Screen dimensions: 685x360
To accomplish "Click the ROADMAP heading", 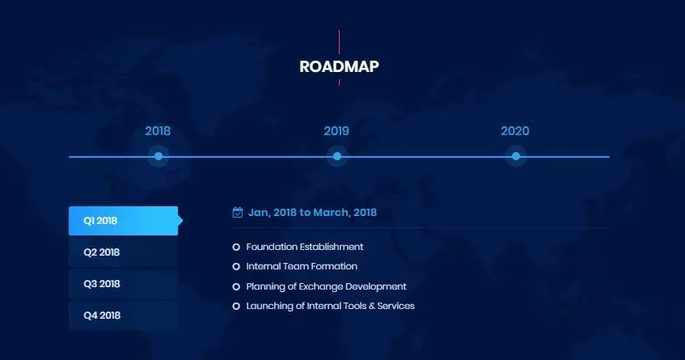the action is (x=339, y=66).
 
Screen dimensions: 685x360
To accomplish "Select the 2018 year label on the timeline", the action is (x=158, y=131).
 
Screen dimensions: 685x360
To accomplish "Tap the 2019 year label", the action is (x=336, y=131).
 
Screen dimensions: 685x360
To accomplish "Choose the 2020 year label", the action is (x=515, y=131).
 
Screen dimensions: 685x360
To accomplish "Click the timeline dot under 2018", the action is (x=159, y=156).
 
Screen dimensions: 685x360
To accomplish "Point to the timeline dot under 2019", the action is (x=337, y=156).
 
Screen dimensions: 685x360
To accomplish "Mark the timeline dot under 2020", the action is (x=516, y=156).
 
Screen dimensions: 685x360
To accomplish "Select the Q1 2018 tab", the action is (x=123, y=221).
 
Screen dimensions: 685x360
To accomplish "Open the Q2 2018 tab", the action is (x=123, y=252).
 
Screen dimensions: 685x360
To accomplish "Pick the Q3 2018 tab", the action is (x=123, y=283).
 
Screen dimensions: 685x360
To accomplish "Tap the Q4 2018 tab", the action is (x=123, y=315).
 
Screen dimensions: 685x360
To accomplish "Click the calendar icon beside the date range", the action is (x=238, y=212).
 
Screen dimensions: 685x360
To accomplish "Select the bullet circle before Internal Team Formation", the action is (x=236, y=266).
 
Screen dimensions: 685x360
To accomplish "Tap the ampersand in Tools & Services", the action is (x=372, y=306).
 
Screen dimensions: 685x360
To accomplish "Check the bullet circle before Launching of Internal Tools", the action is (x=236, y=307).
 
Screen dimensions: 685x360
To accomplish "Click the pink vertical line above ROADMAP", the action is (x=339, y=42).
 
